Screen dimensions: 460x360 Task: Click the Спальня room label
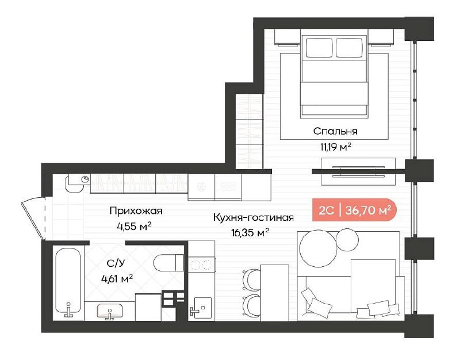click(335, 131)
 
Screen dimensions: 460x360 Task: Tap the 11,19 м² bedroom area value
click(336, 147)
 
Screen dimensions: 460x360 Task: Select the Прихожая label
click(136, 210)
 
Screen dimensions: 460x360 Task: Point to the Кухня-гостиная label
click(253, 218)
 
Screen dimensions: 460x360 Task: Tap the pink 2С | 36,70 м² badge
click(354, 210)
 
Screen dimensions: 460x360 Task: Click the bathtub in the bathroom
click(68, 282)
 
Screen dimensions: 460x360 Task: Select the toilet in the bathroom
click(168, 263)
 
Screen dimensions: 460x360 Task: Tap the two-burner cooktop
click(202, 265)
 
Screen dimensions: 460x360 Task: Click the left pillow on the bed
click(319, 48)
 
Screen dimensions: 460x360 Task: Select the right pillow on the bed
click(350, 48)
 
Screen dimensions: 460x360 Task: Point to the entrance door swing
click(33, 219)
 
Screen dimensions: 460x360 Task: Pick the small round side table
click(347, 240)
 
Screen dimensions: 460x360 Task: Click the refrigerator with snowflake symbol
click(201, 187)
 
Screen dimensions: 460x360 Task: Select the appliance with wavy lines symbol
click(228, 187)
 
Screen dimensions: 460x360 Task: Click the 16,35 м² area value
click(250, 233)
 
